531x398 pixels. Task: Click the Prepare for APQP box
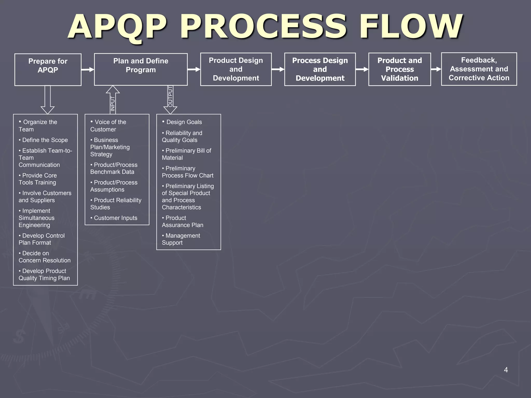point(48,69)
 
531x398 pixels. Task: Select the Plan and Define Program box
point(141,69)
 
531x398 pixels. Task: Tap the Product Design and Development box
point(236,69)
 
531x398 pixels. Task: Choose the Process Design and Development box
point(320,69)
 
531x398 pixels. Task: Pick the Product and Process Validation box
point(400,69)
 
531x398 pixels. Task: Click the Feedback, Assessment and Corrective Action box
point(479,69)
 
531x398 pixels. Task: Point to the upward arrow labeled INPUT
point(113,100)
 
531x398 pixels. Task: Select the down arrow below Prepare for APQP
point(48,100)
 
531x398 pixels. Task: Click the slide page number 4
point(506,370)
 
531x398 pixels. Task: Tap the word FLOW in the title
point(410,27)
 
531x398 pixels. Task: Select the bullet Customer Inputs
point(115,218)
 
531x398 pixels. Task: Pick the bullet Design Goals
point(184,122)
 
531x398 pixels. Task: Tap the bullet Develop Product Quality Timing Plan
point(44,274)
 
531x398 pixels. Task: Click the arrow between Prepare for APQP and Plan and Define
point(88,69)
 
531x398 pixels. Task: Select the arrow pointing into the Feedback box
point(436,69)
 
